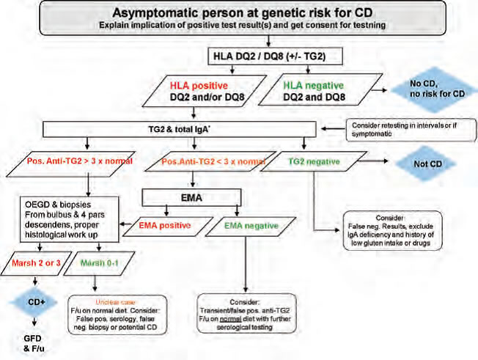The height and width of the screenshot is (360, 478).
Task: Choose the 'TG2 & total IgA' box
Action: tap(192, 129)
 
